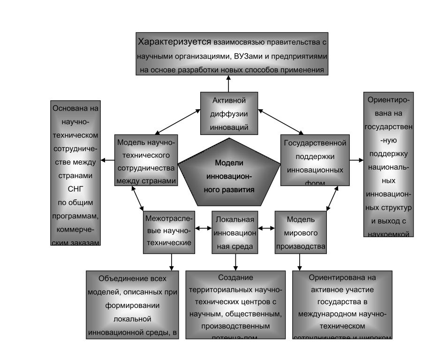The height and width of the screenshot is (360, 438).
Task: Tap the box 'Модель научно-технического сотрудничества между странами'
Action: click(146, 160)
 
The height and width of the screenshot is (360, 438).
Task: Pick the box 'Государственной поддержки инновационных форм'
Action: click(315, 160)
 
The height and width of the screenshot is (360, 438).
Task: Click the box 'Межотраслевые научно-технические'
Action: click(168, 232)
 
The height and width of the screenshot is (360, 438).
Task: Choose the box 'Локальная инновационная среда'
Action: click(234, 232)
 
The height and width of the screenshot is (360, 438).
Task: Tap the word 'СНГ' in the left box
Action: click(76, 191)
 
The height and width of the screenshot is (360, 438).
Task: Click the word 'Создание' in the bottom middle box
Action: click(235, 277)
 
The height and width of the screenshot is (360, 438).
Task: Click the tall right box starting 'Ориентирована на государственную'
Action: click(388, 164)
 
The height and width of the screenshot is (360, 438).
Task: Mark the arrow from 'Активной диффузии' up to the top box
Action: click(228, 83)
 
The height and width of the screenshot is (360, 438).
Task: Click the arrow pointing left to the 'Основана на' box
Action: click(107, 160)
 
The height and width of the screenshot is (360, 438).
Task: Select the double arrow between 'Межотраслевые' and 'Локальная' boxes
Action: click(204, 228)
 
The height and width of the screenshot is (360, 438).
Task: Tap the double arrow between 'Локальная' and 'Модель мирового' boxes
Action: click(266, 228)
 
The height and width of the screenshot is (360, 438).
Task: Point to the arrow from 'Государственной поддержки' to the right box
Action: click(356, 160)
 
